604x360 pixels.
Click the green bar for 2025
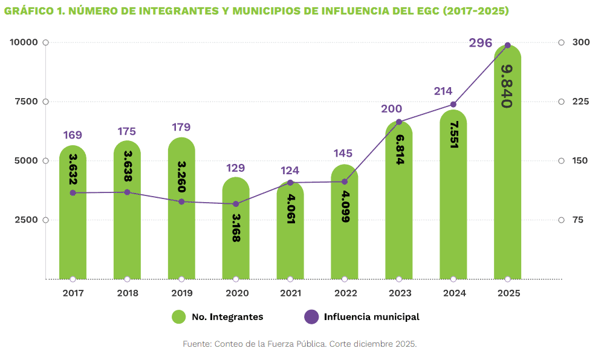[507, 182]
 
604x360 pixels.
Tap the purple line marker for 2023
[399, 122]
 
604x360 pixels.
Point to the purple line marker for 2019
[181, 201]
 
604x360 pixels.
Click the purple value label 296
[481, 43]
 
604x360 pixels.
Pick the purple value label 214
[443, 91]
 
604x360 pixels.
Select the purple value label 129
[235, 168]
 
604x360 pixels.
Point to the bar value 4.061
[291, 209]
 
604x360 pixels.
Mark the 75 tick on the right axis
[577, 220]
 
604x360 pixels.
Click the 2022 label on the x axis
[345, 293]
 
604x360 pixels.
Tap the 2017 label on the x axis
[73, 293]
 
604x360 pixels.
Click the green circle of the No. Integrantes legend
[178, 316]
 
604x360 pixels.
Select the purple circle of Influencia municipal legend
[311, 316]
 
